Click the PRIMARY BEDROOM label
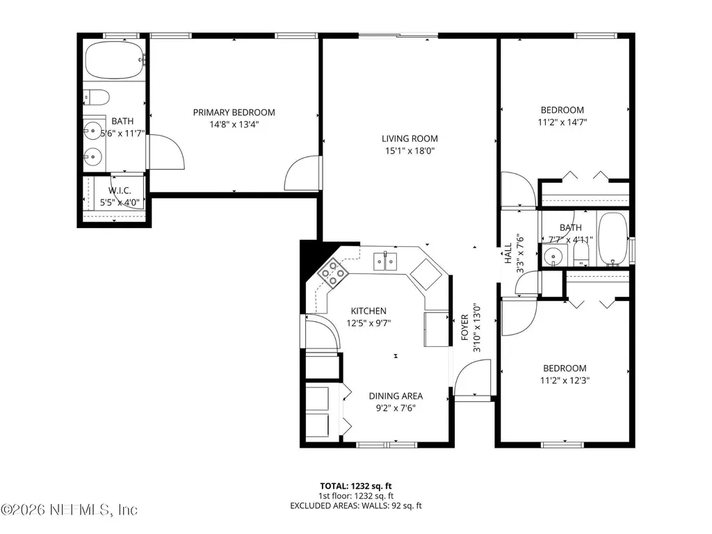234,112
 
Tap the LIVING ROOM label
410,138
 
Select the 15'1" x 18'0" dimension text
410,150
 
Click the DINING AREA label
396,396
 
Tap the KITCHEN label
368,311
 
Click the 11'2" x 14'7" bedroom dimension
562,122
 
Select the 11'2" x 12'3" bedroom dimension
564,380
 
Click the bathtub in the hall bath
613,241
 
